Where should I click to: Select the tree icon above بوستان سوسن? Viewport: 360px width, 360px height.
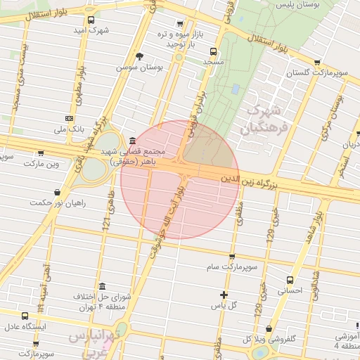140,56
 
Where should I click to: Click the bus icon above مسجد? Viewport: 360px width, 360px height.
213,51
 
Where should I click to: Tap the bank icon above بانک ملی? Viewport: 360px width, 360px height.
69,119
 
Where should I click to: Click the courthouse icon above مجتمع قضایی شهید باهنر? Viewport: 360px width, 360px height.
133,140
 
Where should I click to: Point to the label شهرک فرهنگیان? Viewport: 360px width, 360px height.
264,120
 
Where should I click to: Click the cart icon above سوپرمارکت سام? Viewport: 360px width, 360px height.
232,257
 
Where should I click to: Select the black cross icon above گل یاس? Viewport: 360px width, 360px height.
224,295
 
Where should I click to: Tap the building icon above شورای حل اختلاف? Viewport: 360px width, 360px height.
103,286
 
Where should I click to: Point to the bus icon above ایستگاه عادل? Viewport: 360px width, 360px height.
25,316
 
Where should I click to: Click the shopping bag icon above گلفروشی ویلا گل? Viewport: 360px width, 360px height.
270,329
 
